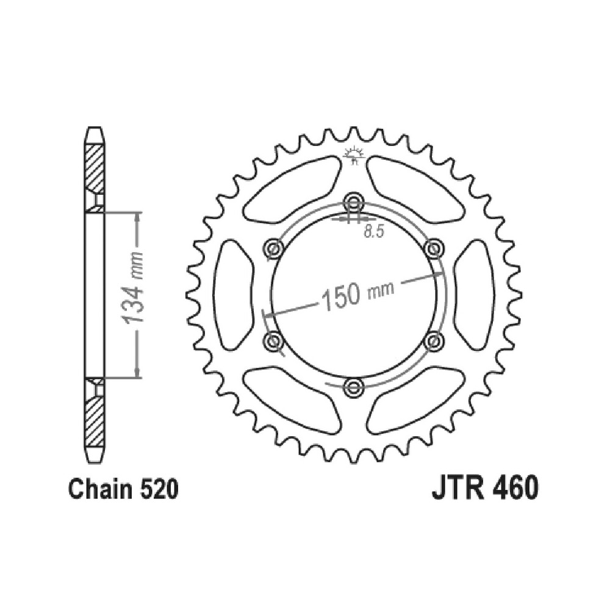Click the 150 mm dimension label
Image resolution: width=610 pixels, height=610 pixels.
pyautogui.click(x=357, y=295)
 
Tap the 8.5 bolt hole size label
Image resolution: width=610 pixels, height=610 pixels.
pyautogui.click(x=374, y=232)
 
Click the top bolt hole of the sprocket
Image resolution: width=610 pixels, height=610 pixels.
pyautogui.click(x=353, y=201)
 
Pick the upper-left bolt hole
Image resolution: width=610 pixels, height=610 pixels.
pyautogui.click(x=273, y=248)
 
